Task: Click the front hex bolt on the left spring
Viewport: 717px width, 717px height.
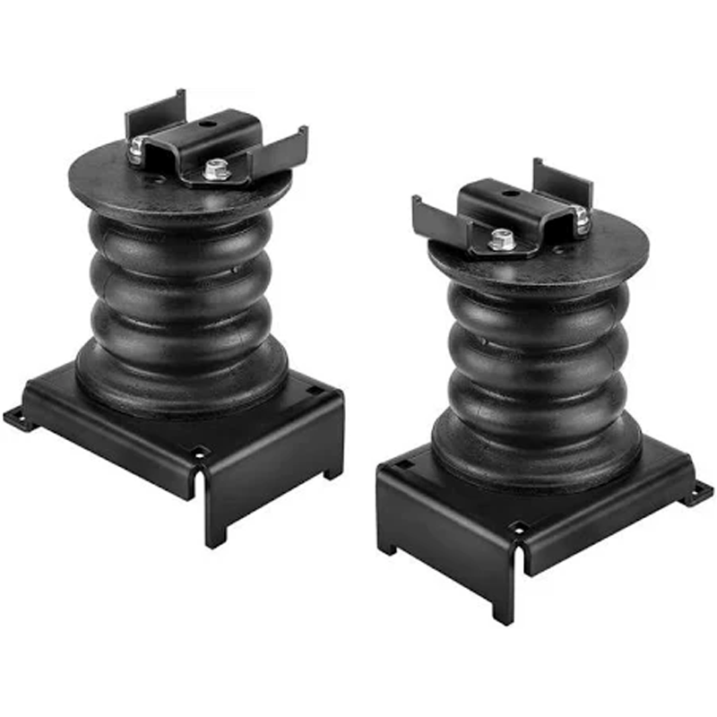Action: [213, 169]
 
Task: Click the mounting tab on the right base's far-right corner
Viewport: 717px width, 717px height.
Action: [700, 492]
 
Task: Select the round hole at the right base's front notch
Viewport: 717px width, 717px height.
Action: [517, 528]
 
